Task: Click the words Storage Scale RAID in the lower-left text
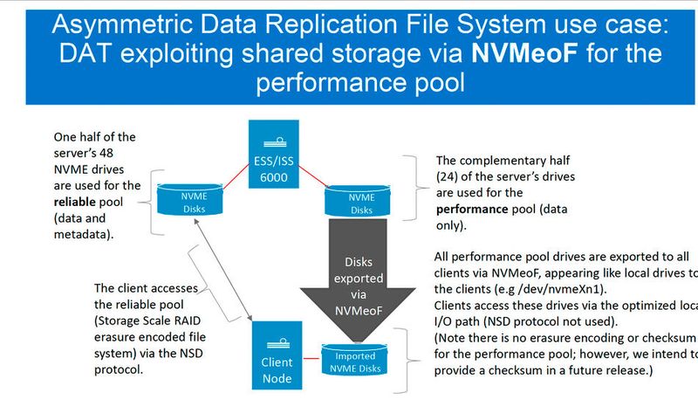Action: pos(147,320)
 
